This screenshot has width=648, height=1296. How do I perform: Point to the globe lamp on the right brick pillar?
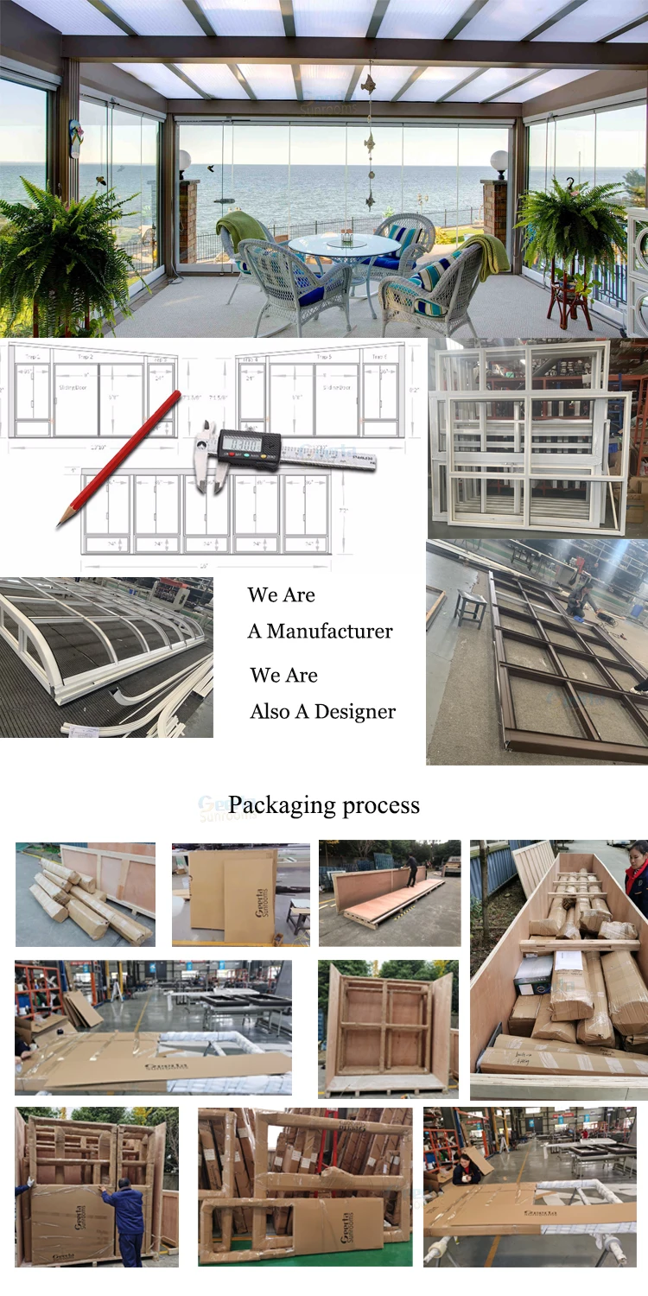[499, 160]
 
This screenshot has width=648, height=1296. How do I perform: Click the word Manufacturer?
[329, 632]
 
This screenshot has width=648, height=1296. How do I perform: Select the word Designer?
[355, 712]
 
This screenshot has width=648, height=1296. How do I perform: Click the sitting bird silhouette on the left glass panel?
[101, 181]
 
